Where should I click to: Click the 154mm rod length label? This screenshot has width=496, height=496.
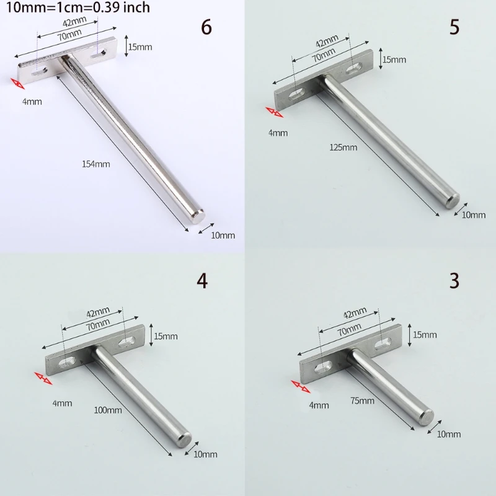(x=96, y=164)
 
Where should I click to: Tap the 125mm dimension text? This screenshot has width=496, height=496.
(x=343, y=148)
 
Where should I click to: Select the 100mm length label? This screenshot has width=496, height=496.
(x=108, y=410)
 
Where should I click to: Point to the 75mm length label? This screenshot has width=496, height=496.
(x=362, y=401)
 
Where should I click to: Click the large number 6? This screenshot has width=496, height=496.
(x=206, y=27)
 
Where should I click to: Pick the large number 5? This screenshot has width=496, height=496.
(x=454, y=27)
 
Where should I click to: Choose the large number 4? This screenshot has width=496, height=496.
(x=203, y=281)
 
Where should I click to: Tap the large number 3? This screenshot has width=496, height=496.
(x=454, y=281)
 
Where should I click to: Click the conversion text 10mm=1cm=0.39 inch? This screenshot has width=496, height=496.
(x=78, y=7)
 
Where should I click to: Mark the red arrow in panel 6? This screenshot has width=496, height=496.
(x=17, y=84)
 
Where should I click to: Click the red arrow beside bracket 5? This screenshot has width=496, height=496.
(x=274, y=112)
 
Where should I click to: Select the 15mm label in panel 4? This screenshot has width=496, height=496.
(x=166, y=336)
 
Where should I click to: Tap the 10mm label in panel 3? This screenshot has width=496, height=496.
(x=448, y=435)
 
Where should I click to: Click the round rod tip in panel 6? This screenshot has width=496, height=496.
(x=198, y=216)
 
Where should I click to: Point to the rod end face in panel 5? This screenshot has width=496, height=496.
(x=454, y=200)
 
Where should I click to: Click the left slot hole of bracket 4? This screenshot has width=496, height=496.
(x=68, y=363)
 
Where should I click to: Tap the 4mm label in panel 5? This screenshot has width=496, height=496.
(x=278, y=133)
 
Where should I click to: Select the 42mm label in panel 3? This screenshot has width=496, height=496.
(x=355, y=312)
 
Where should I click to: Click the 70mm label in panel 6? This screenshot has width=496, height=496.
(x=69, y=35)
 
